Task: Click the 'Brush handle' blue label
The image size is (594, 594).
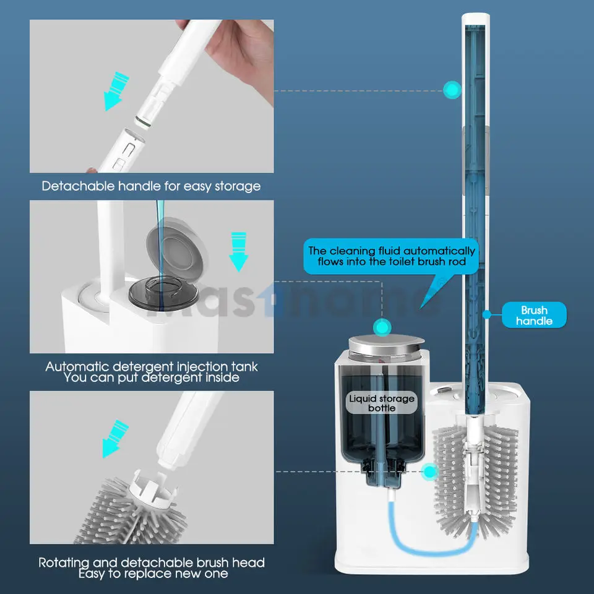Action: [533, 315]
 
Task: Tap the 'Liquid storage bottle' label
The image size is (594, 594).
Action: [382, 403]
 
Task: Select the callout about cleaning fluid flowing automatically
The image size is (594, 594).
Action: [392, 256]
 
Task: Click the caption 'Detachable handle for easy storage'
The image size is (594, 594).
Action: [151, 186]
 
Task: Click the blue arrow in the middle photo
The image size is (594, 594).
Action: [238, 251]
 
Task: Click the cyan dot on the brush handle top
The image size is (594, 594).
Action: [452, 90]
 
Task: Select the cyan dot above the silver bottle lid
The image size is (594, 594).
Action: [383, 326]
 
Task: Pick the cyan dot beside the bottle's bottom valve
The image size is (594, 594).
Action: [429, 472]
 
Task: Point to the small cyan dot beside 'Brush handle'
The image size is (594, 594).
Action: [487, 314]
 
